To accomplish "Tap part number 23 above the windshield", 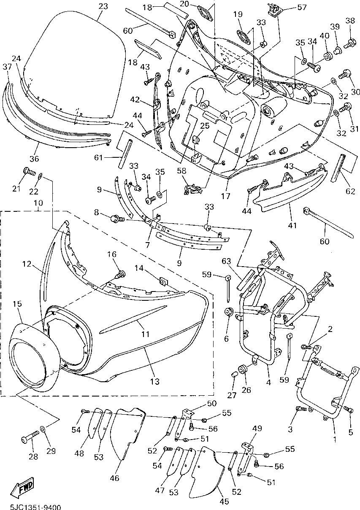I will click(103, 6).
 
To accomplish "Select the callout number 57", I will click(302, 7).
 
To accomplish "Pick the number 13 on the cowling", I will click(155, 381).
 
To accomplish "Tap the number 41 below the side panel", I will click(292, 225).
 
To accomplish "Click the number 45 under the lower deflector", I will click(224, 502).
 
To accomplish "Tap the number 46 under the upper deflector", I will click(114, 478).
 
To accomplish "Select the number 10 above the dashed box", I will click(38, 202).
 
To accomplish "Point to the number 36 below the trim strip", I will click(34, 159).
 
